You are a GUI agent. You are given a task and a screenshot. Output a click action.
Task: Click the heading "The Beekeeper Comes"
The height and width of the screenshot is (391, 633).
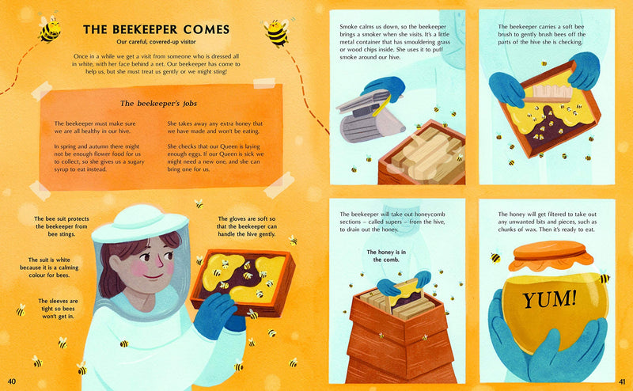click(x=156, y=30)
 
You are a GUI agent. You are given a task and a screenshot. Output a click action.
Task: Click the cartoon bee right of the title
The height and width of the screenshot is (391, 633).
click(x=276, y=32)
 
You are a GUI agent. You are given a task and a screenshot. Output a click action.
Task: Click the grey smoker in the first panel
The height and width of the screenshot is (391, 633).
click(x=368, y=119)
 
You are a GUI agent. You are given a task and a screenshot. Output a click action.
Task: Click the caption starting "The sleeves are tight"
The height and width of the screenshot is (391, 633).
click(x=59, y=306)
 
